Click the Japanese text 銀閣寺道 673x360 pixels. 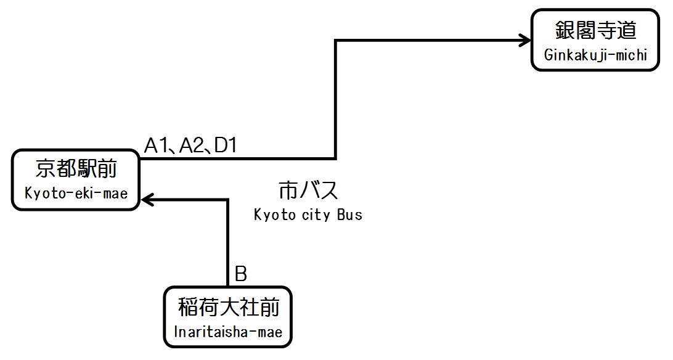595,30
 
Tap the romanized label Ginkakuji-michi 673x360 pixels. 595,55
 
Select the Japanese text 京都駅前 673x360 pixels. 76,168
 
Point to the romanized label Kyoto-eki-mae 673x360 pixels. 76,194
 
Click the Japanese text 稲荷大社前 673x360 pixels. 227,306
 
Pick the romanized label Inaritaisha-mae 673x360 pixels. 227,332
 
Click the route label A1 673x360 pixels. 157,145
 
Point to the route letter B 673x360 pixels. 240,274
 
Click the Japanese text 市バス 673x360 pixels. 308,190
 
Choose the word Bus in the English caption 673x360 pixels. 349,215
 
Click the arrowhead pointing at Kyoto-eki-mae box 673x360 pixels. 147,199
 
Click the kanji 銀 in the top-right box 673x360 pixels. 564,30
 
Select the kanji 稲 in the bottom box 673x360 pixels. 189,306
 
